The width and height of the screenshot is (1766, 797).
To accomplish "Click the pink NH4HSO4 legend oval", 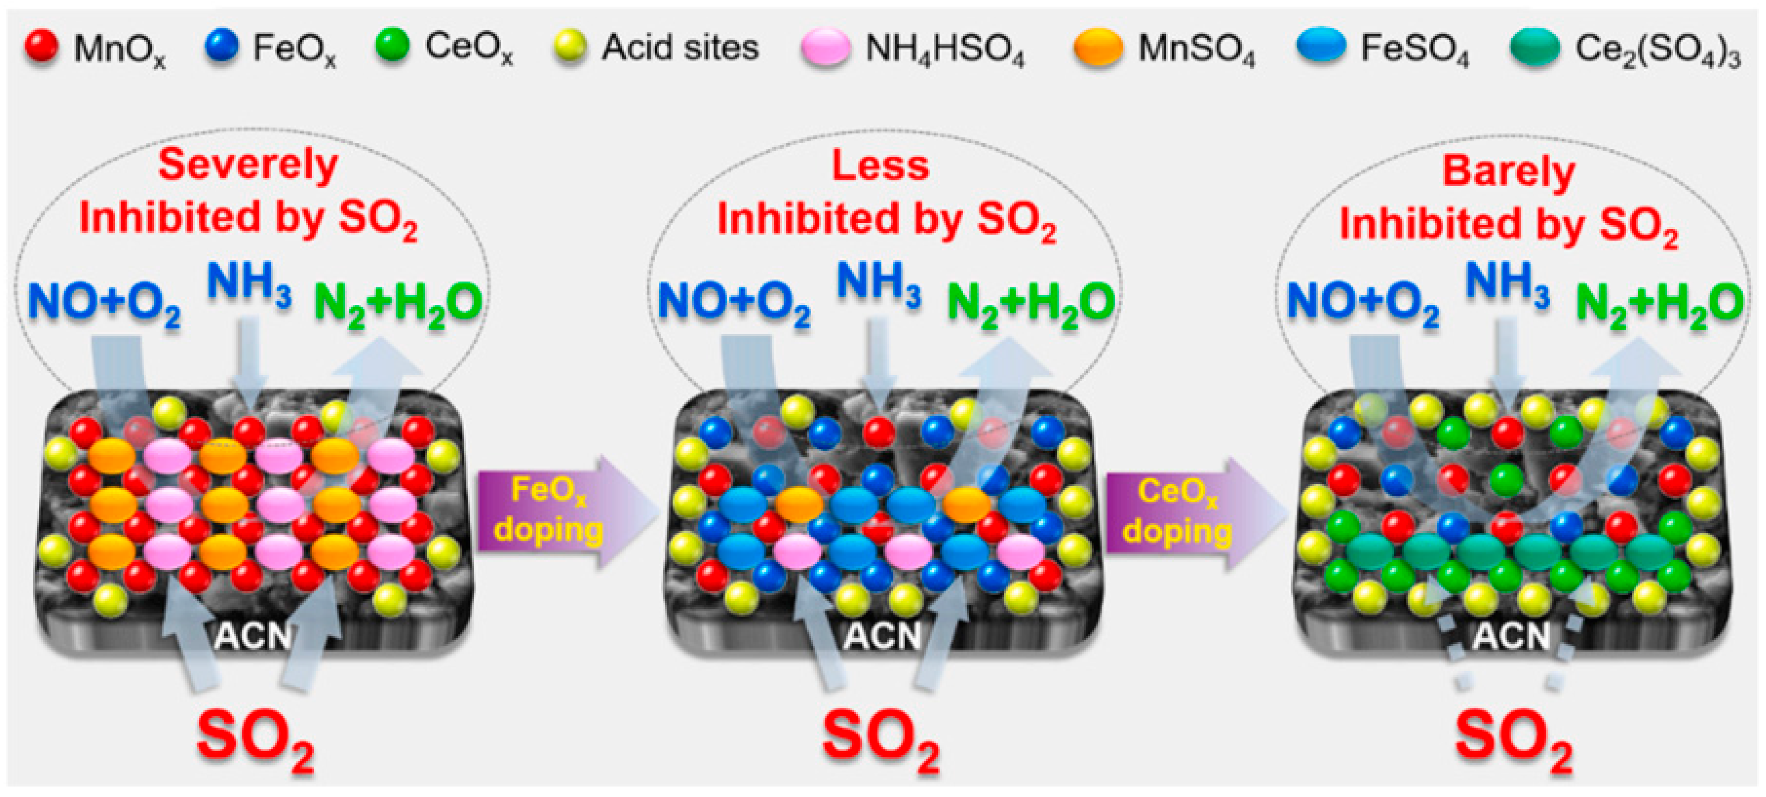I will [826, 47].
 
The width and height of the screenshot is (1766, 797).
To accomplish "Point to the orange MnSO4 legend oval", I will [1098, 47].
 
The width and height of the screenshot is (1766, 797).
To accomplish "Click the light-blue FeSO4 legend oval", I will [1322, 46].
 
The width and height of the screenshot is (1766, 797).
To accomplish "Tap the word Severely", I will [248, 166].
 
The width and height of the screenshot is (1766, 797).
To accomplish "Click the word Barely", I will [1508, 171].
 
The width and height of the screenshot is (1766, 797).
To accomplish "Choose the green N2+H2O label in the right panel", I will [1659, 303].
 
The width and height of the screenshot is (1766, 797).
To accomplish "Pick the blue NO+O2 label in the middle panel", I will [734, 303].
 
